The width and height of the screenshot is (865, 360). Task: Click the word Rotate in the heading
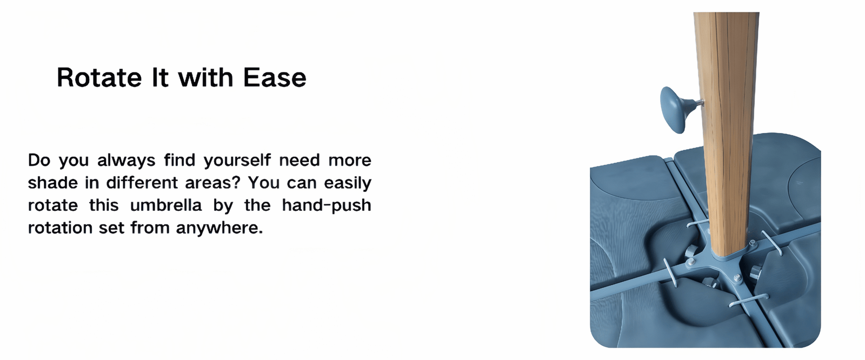coord(99,78)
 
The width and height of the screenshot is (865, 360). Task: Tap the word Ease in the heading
coord(275,78)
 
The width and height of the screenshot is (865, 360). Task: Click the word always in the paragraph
coord(127,161)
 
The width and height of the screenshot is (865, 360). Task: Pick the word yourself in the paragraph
coord(237,161)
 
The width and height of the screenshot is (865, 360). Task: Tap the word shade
coord(53,182)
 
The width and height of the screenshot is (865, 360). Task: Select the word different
coord(142,182)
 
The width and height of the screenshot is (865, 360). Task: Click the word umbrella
coord(165,205)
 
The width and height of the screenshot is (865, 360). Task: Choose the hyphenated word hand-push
coord(327,205)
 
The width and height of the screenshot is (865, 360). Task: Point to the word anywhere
coord(219,228)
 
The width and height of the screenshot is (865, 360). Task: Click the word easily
coord(348,183)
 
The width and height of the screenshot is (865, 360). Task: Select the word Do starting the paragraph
coord(39,161)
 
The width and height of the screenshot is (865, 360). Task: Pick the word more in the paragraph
coord(350,161)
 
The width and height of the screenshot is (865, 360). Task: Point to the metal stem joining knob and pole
coord(698,102)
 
